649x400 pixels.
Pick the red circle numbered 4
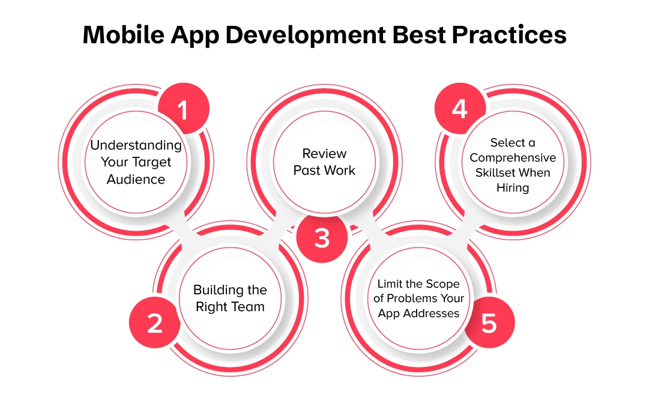point(460,109)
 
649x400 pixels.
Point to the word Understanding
point(136,145)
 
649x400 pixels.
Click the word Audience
point(136,179)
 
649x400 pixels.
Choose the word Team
point(249,307)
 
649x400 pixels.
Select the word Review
point(324,153)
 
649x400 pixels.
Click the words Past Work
point(324,171)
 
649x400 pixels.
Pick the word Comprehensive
point(513,158)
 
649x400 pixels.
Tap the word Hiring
point(513,188)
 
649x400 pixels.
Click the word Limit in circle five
point(391,283)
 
